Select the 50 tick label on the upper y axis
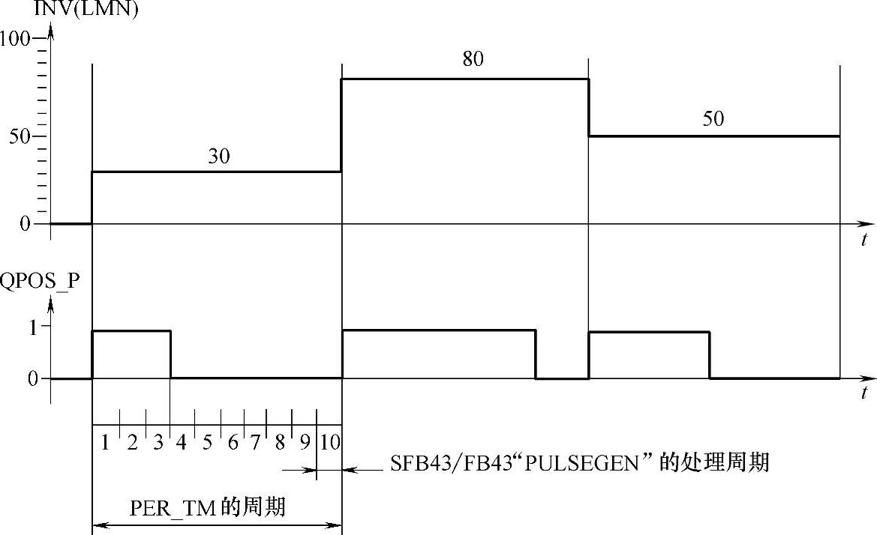point(20,137)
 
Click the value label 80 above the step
point(473,59)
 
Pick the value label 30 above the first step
point(219,156)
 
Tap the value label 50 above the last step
point(713,119)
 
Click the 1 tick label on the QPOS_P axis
point(34,326)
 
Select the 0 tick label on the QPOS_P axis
point(33,379)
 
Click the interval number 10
point(329,442)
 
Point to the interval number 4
point(182,442)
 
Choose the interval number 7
point(255,442)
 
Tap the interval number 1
point(106,442)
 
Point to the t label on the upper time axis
point(864,241)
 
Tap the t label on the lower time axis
point(864,393)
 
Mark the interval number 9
point(305,442)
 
